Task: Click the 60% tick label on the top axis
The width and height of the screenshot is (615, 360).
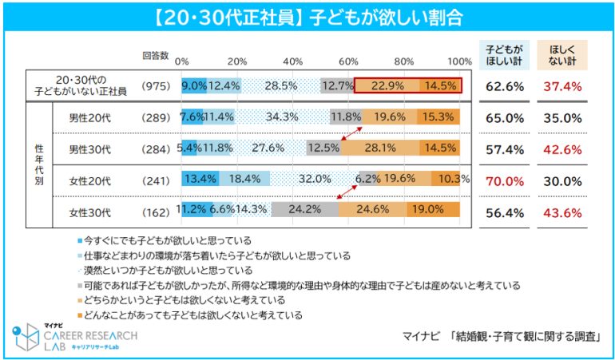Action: click(348, 61)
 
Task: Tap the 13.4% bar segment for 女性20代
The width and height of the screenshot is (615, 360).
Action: click(200, 179)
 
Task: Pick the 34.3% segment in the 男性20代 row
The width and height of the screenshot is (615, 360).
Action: click(282, 117)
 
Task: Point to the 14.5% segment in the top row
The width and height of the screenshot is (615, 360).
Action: click(441, 85)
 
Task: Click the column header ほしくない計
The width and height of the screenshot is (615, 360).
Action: click(561, 53)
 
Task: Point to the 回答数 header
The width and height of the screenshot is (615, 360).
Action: click(155, 56)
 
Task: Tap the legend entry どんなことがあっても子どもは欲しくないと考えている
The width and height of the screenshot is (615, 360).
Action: click(192, 315)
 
